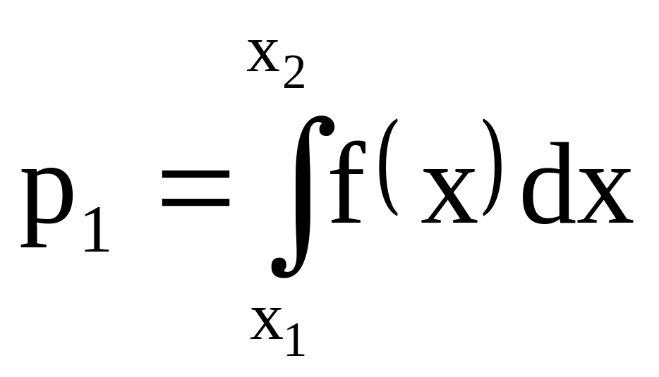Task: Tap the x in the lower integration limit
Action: [266, 325]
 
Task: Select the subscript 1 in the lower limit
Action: [294, 339]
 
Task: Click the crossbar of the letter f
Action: [349, 169]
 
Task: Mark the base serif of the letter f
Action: [348, 221]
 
